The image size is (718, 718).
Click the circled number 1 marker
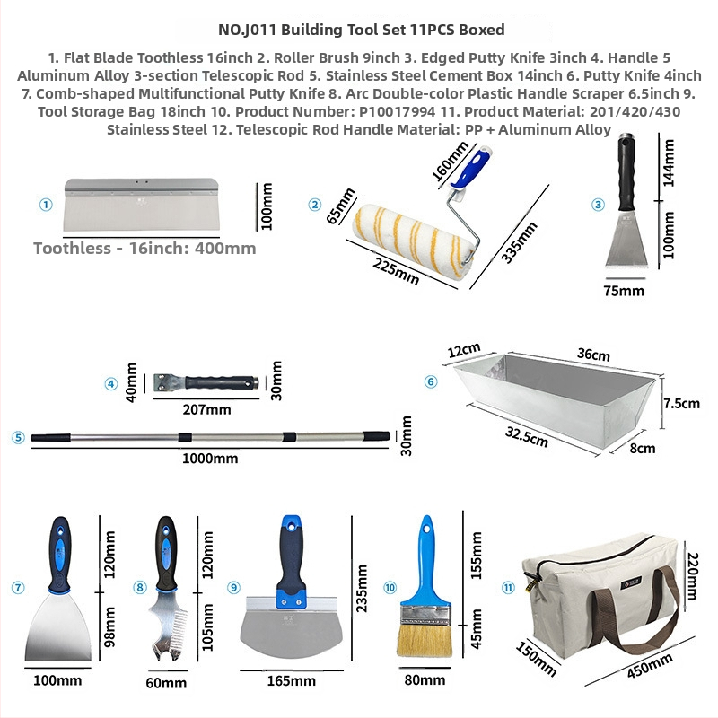click(x=46, y=205)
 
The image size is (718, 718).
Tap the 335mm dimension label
click(x=519, y=242)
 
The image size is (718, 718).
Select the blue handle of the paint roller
click(x=471, y=167)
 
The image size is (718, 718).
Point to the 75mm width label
click(x=624, y=291)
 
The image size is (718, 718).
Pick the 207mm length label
click(x=207, y=409)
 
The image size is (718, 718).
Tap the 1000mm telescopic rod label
click(x=210, y=459)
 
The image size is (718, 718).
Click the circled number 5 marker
click(x=18, y=437)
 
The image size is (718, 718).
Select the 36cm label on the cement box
click(x=593, y=354)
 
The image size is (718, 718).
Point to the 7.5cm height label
click(x=682, y=403)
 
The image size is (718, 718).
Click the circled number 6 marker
click(x=431, y=381)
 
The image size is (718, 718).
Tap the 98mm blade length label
click(x=109, y=627)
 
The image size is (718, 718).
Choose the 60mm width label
click(x=166, y=683)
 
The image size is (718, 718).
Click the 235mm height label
click(x=362, y=589)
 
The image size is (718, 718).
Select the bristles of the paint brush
click(x=425, y=641)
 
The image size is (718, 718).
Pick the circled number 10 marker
click(x=390, y=588)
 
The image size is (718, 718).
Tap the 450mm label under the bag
click(x=650, y=665)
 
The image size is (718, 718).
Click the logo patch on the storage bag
click(x=632, y=584)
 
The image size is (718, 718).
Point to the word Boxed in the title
click(x=482, y=30)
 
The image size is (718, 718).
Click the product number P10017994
click(x=397, y=111)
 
